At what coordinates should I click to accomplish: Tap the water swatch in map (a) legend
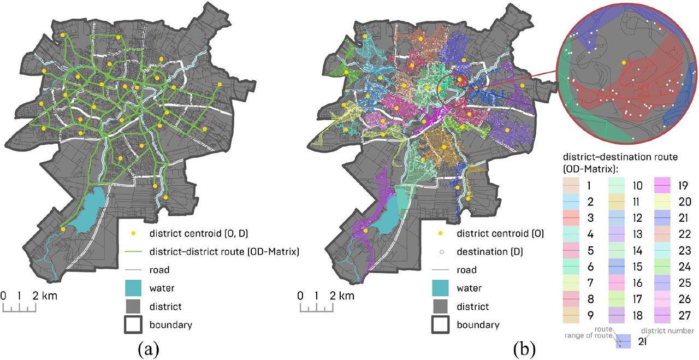click(x=133, y=287)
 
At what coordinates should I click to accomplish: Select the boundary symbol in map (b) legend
click(x=441, y=324)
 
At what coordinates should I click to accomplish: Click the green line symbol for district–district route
click(x=133, y=251)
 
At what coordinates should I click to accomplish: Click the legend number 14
click(x=637, y=251)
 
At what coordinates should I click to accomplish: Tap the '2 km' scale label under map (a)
click(x=45, y=296)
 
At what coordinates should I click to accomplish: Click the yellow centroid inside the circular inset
click(x=624, y=63)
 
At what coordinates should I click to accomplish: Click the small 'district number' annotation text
click(x=668, y=331)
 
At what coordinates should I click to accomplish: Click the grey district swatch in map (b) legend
click(x=441, y=306)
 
